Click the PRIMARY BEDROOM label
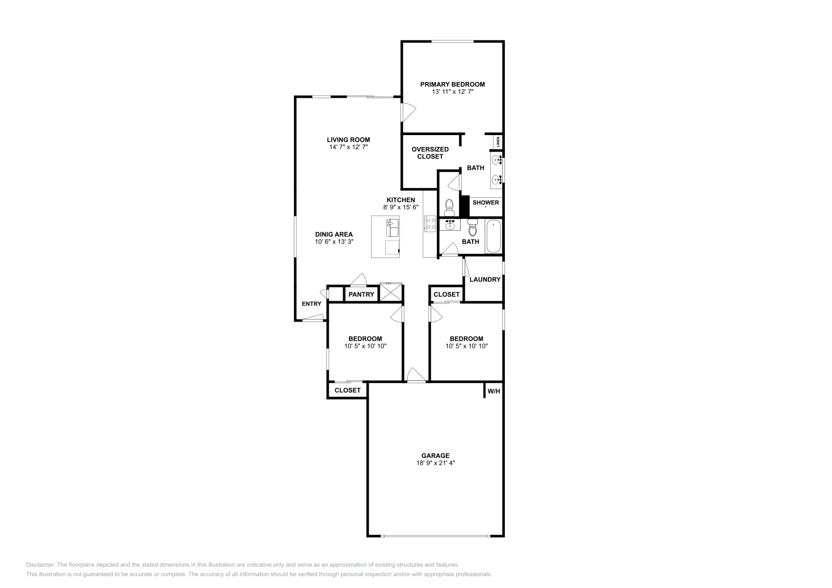[452, 84]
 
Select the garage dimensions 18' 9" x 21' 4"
[435, 463]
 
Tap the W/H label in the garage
[493, 391]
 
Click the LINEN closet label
[498, 142]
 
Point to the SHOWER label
[486, 203]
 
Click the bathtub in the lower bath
[493, 236]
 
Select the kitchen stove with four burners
[430, 224]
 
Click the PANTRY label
[361, 295]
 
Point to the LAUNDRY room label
[485, 279]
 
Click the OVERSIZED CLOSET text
[430, 153]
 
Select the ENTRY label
[311, 304]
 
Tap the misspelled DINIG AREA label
[334, 234]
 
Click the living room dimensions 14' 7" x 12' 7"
[348, 147]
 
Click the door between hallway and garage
[416, 376]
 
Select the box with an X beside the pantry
[391, 292]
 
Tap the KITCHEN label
[400, 200]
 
